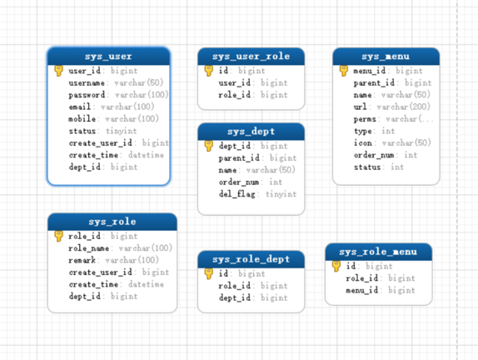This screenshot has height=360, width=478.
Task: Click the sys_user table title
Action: click(x=108, y=57)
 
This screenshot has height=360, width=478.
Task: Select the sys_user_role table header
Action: click(x=251, y=57)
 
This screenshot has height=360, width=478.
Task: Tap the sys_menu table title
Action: click(x=386, y=57)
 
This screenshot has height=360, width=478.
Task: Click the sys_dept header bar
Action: click(x=251, y=132)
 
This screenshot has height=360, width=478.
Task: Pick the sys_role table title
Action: click(x=112, y=222)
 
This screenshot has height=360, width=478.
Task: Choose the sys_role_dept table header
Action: click(x=251, y=259)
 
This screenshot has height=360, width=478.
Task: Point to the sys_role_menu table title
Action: click(x=378, y=252)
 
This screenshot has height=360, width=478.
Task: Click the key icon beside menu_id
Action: click(x=344, y=71)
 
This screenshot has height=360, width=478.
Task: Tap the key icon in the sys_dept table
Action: click(x=209, y=146)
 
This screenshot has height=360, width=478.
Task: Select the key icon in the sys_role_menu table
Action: click(x=336, y=266)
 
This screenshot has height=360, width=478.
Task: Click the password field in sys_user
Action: click(x=87, y=95)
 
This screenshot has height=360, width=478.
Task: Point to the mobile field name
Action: click(x=82, y=118)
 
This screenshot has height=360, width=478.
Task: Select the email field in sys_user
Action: click(x=80, y=107)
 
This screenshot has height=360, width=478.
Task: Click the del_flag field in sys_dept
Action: click(x=237, y=194)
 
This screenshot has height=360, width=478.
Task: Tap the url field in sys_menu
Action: click(x=361, y=107)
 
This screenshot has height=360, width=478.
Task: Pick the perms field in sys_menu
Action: click(x=365, y=119)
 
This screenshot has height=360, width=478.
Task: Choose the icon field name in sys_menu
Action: click(x=363, y=142)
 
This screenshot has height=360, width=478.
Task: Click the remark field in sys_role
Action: click(x=82, y=260)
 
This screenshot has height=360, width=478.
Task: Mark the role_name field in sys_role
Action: click(x=89, y=248)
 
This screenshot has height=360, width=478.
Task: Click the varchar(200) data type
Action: click(x=404, y=107)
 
